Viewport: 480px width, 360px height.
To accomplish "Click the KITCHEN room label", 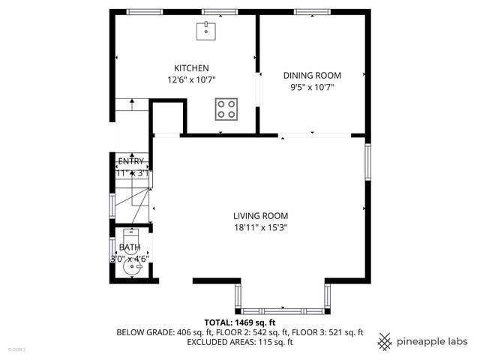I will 186,67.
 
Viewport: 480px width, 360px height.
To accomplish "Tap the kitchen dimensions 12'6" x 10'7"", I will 186,79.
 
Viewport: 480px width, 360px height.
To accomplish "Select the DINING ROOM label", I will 312,75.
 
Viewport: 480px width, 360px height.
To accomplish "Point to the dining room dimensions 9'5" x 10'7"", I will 312,87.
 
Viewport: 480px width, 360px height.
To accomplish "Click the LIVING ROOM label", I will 260,215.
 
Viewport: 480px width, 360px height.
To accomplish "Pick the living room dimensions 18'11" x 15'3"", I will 260,227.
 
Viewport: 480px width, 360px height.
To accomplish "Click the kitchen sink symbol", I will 206,30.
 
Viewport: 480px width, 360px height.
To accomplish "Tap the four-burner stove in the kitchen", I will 226,109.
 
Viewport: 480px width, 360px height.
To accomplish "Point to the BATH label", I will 130,247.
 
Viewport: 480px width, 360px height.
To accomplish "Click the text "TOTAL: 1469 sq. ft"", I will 240,321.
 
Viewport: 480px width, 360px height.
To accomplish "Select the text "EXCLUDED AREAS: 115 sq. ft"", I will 240,342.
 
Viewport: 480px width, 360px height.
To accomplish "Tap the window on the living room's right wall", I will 367,162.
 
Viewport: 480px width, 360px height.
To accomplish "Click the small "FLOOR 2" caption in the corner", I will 16,349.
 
